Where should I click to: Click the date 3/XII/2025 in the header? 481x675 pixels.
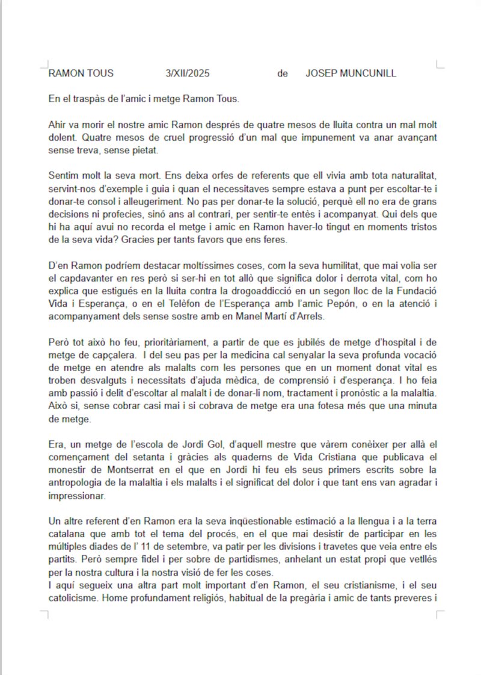click(187, 74)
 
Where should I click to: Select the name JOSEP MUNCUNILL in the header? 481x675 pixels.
click(351, 74)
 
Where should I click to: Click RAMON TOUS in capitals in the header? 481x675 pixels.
click(81, 74)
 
